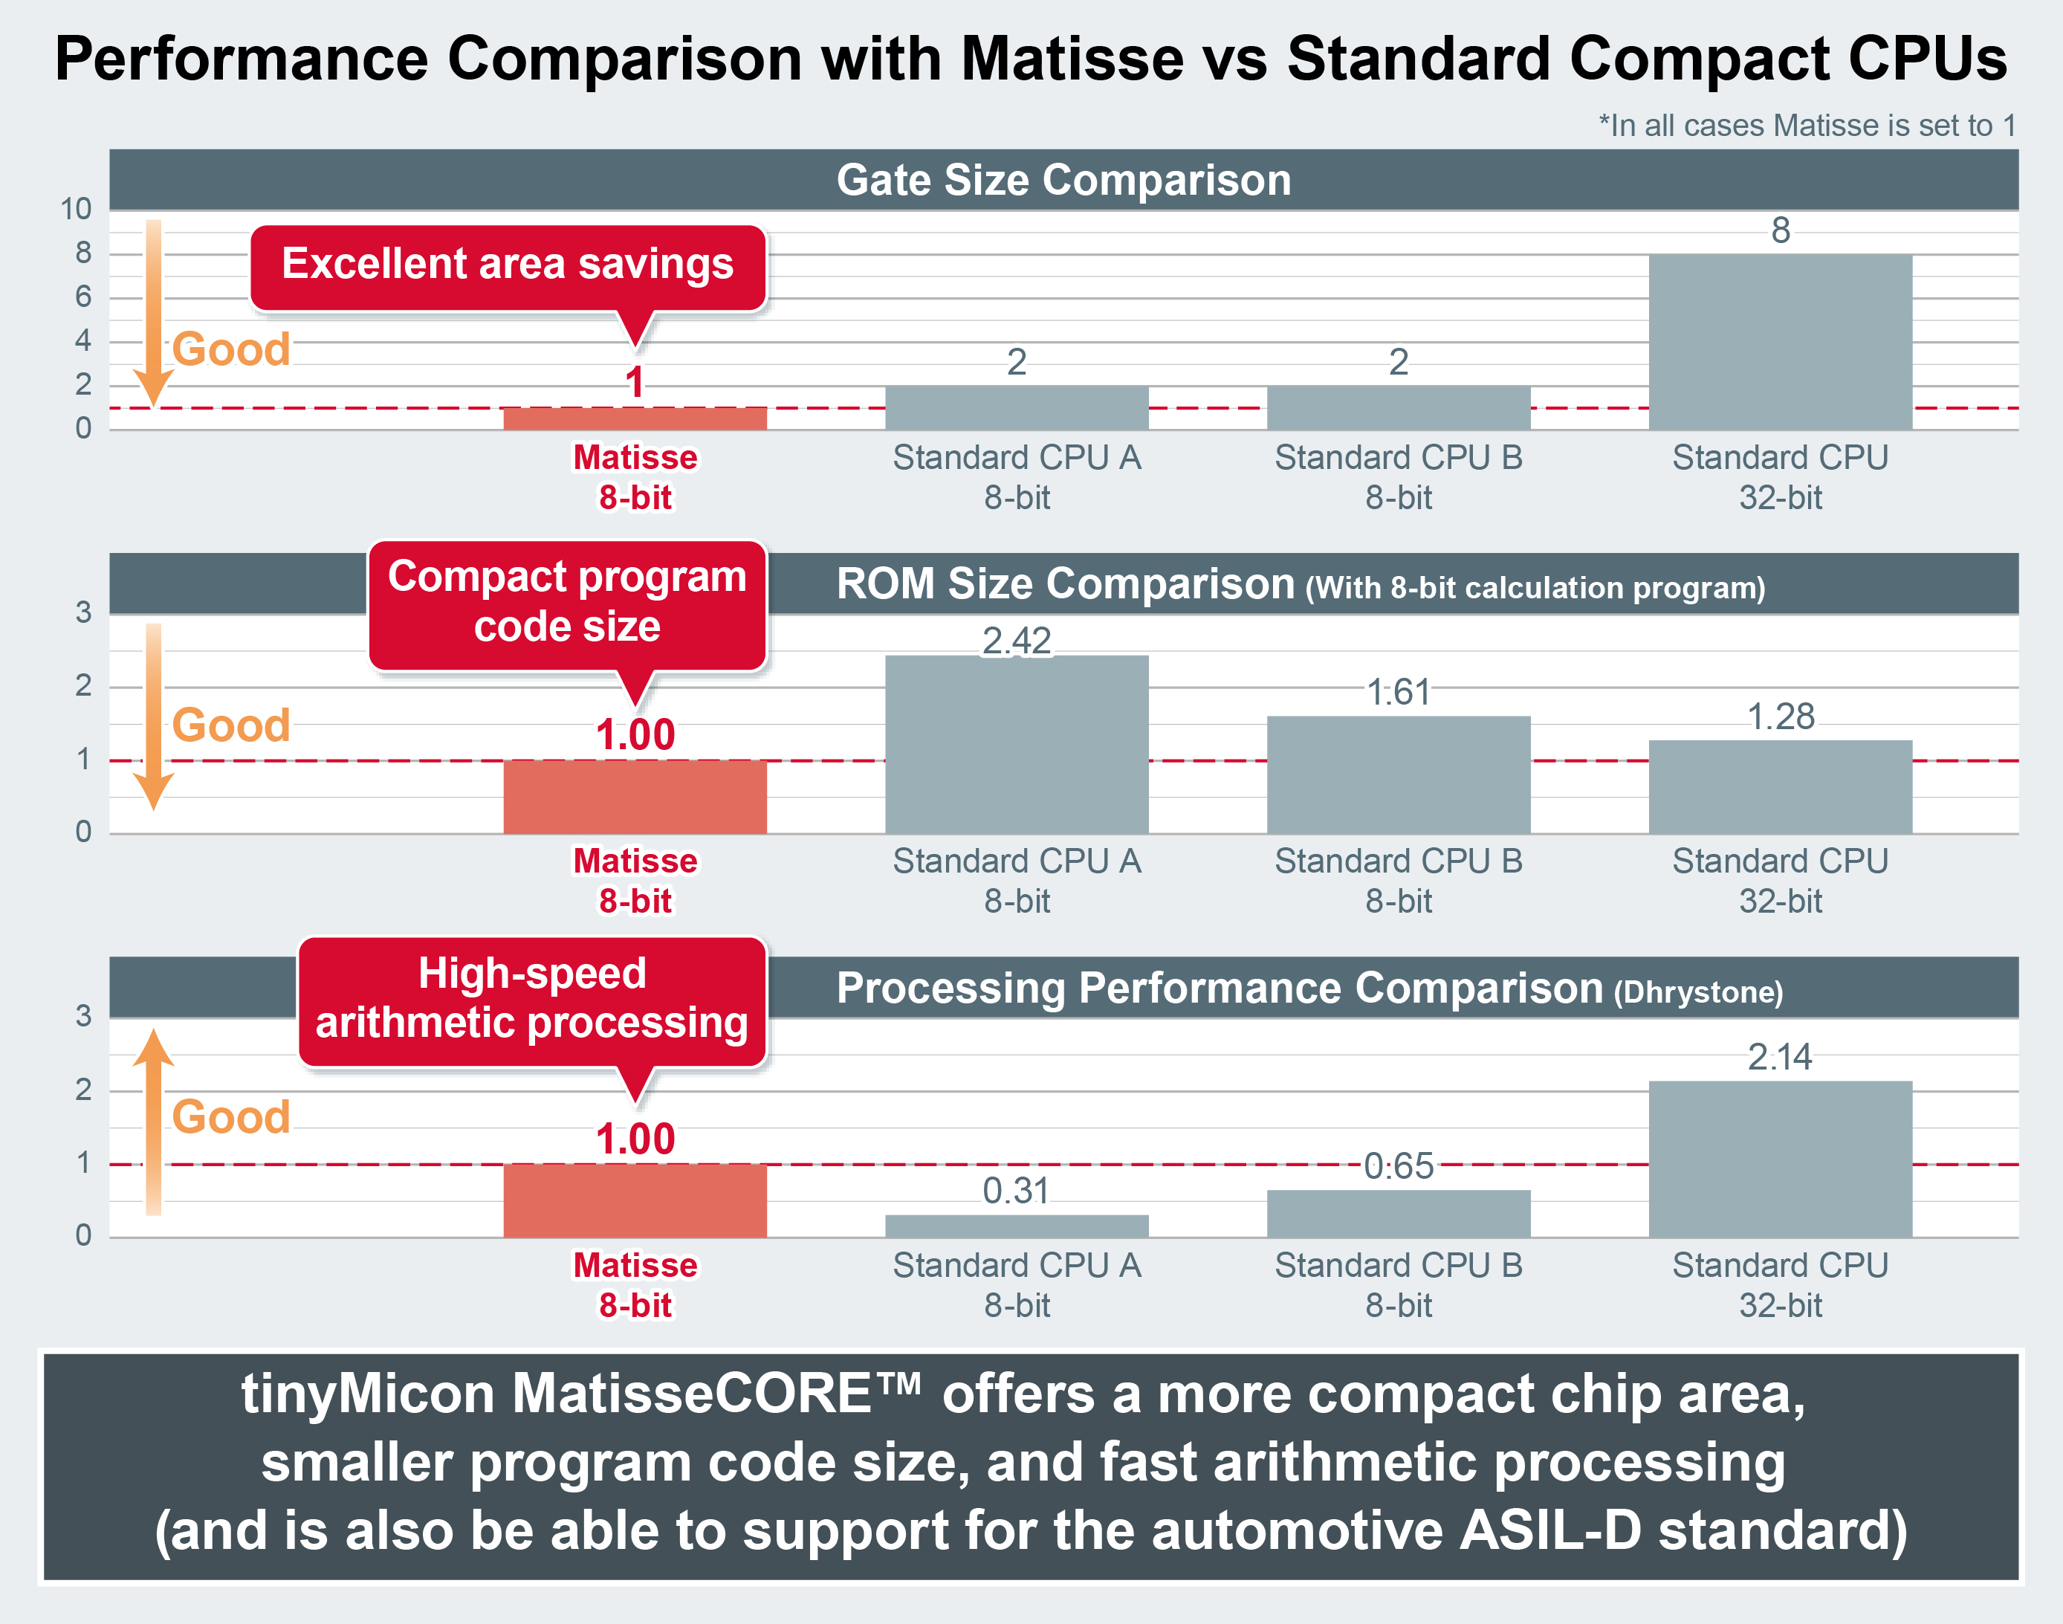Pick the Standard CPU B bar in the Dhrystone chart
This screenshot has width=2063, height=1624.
[x=1398, y=1213]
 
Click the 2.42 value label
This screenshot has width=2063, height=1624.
[x=1017, y=641]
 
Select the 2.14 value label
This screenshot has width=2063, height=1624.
[x=1780, y=1056]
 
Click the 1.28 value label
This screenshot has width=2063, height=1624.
[x=1780, y=716]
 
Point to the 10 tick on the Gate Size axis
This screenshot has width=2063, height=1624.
[x=76, y=209]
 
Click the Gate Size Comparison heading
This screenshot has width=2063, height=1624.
[x=1063, y=180]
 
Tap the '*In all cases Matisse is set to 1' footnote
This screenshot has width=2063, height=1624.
[x=1807, y=126]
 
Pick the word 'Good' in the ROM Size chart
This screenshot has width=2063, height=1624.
[x=231, y=725]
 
